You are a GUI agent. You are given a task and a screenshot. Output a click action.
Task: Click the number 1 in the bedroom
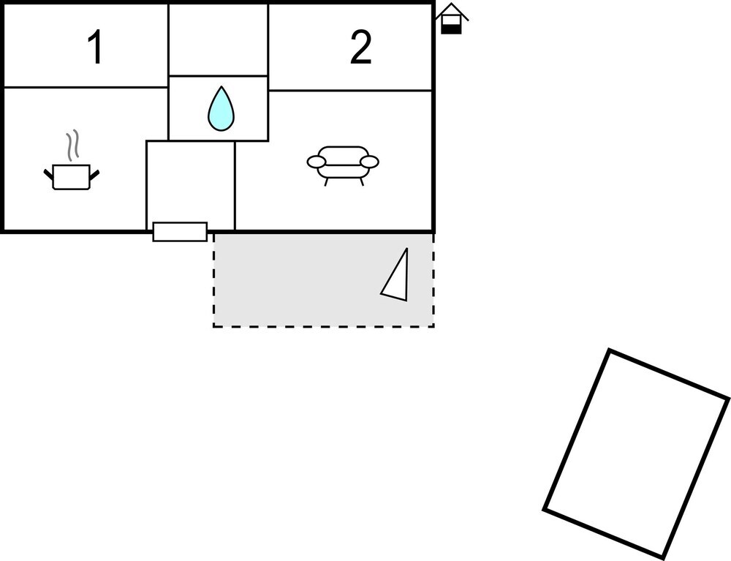[94, 48]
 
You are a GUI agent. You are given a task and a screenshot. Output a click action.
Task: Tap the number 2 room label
[360, 48]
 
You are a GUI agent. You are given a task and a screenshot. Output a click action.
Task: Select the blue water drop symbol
[221, 109]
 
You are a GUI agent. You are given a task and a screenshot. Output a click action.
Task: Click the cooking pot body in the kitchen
[72, 177]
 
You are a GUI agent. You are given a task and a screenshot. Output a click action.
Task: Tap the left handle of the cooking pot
[49, 174]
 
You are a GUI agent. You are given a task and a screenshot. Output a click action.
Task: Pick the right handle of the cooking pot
[94, 174]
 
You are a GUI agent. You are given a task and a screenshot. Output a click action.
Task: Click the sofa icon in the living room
[343, 162]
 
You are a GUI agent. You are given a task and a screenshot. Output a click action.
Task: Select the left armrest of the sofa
[317, 162]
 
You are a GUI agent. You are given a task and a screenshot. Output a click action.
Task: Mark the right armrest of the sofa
[370, 162]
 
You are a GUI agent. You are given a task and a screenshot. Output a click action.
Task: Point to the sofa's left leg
[326, 181]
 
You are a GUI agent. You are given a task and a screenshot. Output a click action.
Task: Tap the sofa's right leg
[360, 181]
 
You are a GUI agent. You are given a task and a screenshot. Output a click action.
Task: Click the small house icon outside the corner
[452, 18]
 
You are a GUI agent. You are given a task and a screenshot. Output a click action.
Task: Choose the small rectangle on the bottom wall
[180, 232]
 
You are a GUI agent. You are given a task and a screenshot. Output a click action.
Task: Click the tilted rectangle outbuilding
[636, 453]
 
